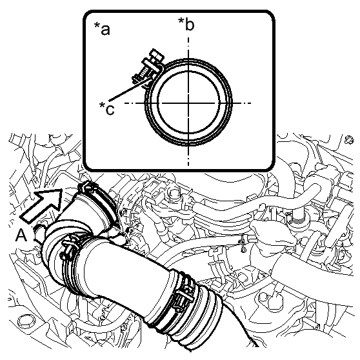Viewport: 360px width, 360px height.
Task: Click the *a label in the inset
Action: point(102,28)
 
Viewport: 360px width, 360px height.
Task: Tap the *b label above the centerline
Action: point(186,24)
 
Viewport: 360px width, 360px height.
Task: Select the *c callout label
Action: point(106,108)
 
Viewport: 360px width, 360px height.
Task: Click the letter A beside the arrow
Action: point(21,235)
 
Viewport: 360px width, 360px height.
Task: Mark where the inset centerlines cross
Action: point(188,103)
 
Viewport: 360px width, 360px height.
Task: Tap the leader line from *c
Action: point(130,89)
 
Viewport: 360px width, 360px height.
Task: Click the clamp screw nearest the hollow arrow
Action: point(87,186)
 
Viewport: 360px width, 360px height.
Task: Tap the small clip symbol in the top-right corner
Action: point(349,139)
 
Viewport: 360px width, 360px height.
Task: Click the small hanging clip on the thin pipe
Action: point(243,244)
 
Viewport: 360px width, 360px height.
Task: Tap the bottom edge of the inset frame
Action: point(179,170)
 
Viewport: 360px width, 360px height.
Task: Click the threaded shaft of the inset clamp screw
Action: point(143,74)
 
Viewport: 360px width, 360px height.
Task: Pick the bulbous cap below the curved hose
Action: point(273,232)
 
